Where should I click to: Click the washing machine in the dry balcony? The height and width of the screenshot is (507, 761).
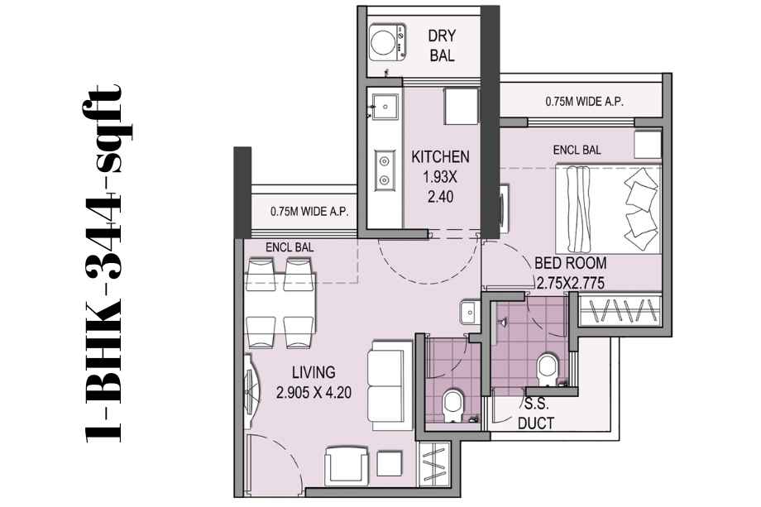[387, 42]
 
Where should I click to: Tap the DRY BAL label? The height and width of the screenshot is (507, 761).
[442, 45]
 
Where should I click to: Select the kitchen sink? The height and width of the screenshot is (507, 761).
[385, 106]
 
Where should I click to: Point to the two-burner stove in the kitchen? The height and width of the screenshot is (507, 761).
[384, 170]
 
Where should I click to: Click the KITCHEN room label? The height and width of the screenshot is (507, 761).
[440, 156]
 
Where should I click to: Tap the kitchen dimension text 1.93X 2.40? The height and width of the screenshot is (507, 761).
[440, 187]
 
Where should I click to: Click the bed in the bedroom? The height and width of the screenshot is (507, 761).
[609, 208]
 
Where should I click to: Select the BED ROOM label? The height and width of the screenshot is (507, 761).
[570, 263]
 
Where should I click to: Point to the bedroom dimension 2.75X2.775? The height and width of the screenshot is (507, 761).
[571, 283]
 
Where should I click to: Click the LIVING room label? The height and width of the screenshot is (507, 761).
[313, 372]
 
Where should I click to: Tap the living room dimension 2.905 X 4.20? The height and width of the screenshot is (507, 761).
[313, 392]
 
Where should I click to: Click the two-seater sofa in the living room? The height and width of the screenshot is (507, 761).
[385, 385]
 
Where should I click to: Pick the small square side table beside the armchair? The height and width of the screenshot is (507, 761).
[390, 464]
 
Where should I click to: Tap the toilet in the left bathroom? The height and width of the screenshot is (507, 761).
[453, 405]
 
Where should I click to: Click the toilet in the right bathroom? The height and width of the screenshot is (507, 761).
[548, 369]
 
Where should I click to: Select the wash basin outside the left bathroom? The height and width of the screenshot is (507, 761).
[469, 312]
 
